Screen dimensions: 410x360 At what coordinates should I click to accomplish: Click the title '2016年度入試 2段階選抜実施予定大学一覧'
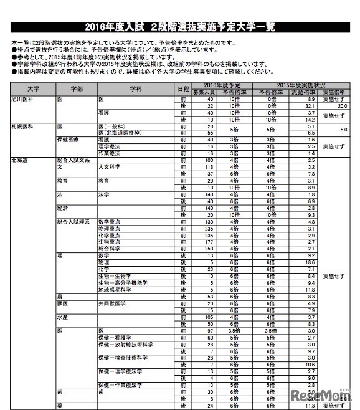point(181,27)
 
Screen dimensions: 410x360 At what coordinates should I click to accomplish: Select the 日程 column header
point(182,90)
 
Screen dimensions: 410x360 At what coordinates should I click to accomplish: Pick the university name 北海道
point(19,161)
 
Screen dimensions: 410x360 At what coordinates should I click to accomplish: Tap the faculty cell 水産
point(62,317)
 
